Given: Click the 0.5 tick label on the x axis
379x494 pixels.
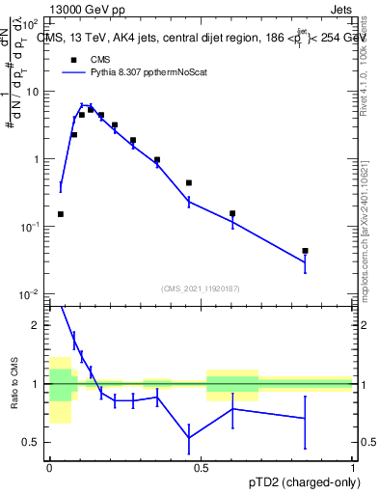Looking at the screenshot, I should tap(202, 467).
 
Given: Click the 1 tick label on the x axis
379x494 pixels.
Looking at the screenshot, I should tap(353, 467).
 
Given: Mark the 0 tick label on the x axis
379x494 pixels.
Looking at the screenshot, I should tap(50, 467).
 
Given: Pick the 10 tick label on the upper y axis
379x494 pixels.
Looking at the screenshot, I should tap(35, 92).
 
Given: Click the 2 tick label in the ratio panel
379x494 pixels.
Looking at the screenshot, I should tap(39, 326).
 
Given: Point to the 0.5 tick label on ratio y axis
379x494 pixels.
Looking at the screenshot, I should tap(34, 443).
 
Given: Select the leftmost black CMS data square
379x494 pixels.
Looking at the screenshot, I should tap(61, 214).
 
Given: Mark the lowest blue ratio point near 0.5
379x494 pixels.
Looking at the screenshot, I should tap(189, 438).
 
